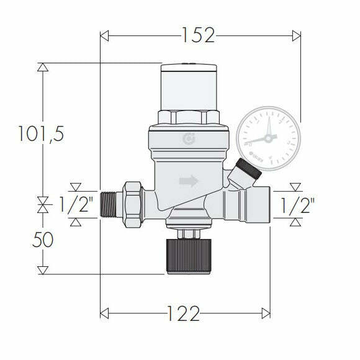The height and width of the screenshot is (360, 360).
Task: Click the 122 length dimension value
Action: (184, 314)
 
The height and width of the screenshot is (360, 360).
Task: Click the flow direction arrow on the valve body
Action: (189, 181)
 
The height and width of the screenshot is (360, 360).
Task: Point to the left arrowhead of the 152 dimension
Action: (104, 35)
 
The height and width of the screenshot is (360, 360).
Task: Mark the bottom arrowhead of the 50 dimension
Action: (42, 270)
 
